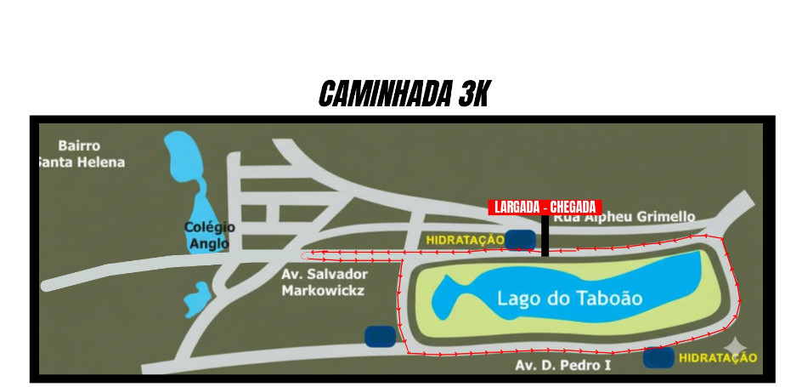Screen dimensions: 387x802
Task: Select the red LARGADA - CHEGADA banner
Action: click(x=545, y=208)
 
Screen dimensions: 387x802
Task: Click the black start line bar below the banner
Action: click(x=545, y=236)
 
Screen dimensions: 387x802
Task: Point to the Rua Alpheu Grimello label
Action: click(x=624, y=218)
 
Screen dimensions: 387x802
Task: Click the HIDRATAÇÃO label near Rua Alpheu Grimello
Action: click(x=465, y=241)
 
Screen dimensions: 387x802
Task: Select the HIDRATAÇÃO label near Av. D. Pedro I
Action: click(x=718, y=358)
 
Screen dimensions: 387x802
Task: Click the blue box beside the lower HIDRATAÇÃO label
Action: click(x=658, y=358)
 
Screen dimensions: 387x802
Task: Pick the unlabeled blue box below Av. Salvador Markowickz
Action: click(x=381, y=337)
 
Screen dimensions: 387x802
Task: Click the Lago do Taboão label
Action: click(x=569, y=299)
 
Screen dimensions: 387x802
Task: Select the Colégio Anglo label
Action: click(x=208, y=236)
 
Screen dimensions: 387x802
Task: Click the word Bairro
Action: click(x=79, y=146)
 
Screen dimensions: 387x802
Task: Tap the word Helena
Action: click(x=102, y=162)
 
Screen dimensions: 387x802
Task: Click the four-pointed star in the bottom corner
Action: click(x=736, y=345)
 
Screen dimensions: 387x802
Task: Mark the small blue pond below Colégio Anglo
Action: click(x=197, y=299)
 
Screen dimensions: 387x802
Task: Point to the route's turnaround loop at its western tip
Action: click(x=307, y=253)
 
